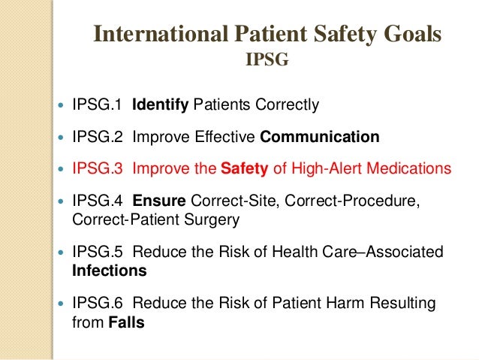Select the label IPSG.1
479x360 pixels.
click(97, 104)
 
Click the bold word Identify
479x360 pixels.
click(160, 104)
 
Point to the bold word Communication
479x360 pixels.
click(319, 138)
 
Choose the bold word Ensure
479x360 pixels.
click(160, 203)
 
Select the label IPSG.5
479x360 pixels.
click(97, 253)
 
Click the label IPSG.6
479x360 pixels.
click(97, 304)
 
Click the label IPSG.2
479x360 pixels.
click(97, 138)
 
